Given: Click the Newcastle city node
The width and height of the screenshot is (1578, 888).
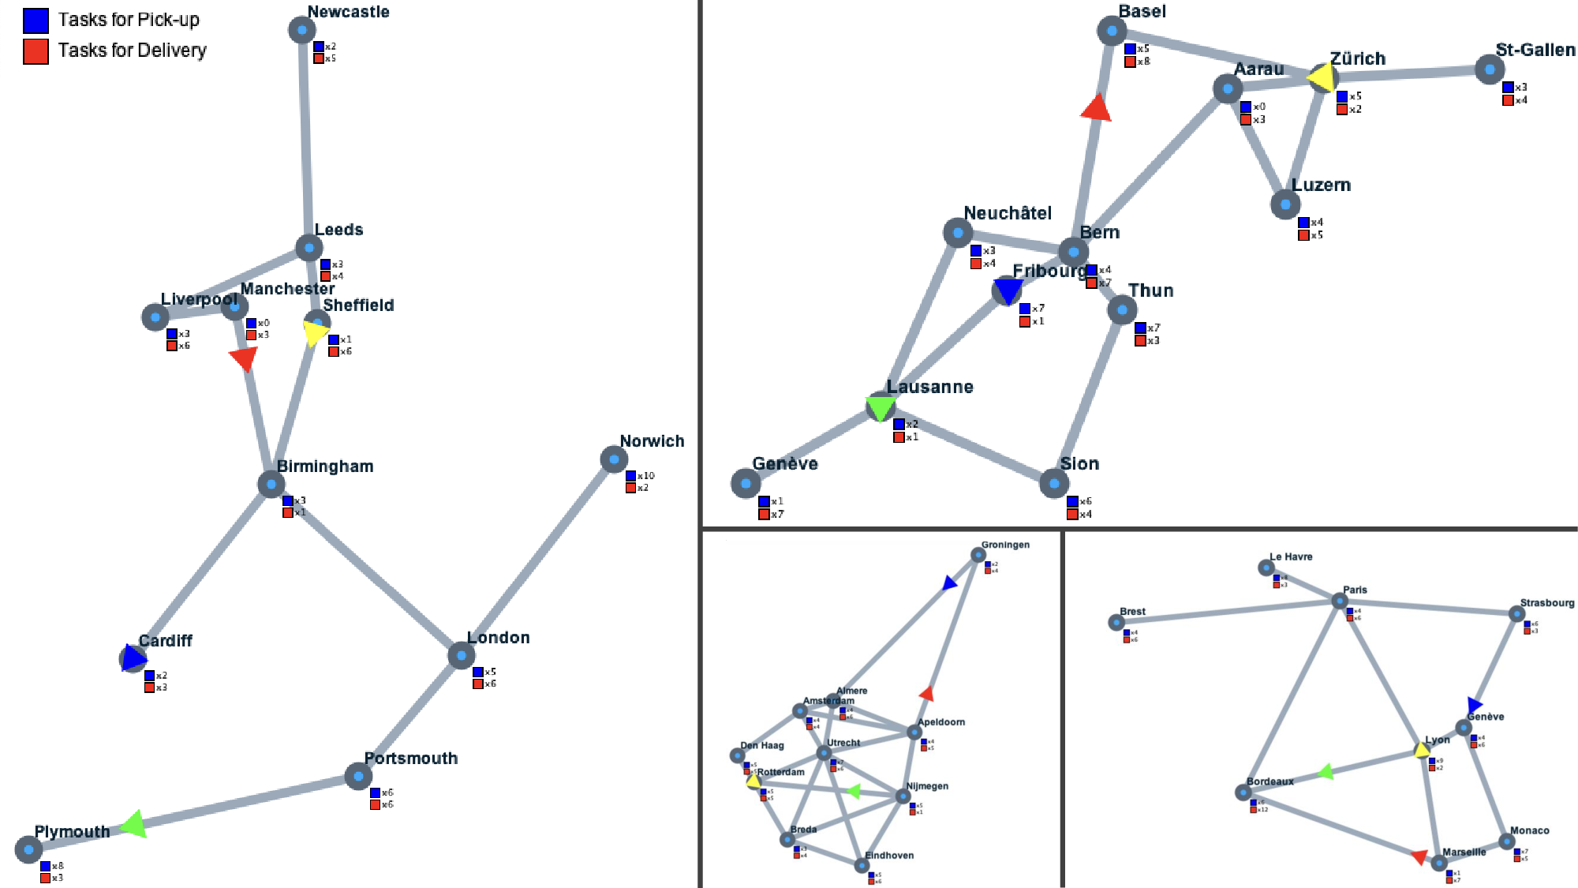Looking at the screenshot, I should coord(302,30).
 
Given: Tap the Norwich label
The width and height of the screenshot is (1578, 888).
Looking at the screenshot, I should coord(652,441).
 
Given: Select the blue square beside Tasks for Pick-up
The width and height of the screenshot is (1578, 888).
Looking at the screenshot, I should coord(36,21).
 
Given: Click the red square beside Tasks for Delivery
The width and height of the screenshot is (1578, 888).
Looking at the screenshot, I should coord(36,51).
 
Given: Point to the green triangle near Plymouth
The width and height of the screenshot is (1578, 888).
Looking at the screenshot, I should coord(135,825).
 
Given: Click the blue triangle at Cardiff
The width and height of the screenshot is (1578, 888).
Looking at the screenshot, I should coord(133,658).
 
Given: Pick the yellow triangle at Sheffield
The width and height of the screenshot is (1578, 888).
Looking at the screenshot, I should coord(315,332).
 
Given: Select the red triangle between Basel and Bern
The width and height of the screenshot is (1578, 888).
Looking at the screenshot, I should coord(1097,109).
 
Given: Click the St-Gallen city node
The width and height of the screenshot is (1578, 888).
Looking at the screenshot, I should coord(1489,69).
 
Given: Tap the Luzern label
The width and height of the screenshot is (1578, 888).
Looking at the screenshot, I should coord(1321,185).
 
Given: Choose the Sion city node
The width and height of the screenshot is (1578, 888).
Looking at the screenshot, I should coord(1054,483).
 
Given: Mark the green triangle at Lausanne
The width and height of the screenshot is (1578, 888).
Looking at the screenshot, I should coord(881,407).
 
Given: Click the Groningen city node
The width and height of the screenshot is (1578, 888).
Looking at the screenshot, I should coord(978,555).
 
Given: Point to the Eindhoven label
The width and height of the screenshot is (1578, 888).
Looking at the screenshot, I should coord(889,856).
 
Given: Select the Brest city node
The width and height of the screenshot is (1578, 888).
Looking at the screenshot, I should coord(1116,623).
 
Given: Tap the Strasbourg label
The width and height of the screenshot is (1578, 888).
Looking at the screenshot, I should coord(1546,603).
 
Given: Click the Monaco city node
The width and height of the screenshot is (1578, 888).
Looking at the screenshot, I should coord(1507,841).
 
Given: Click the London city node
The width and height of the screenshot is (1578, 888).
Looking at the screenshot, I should coord(461,655).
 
